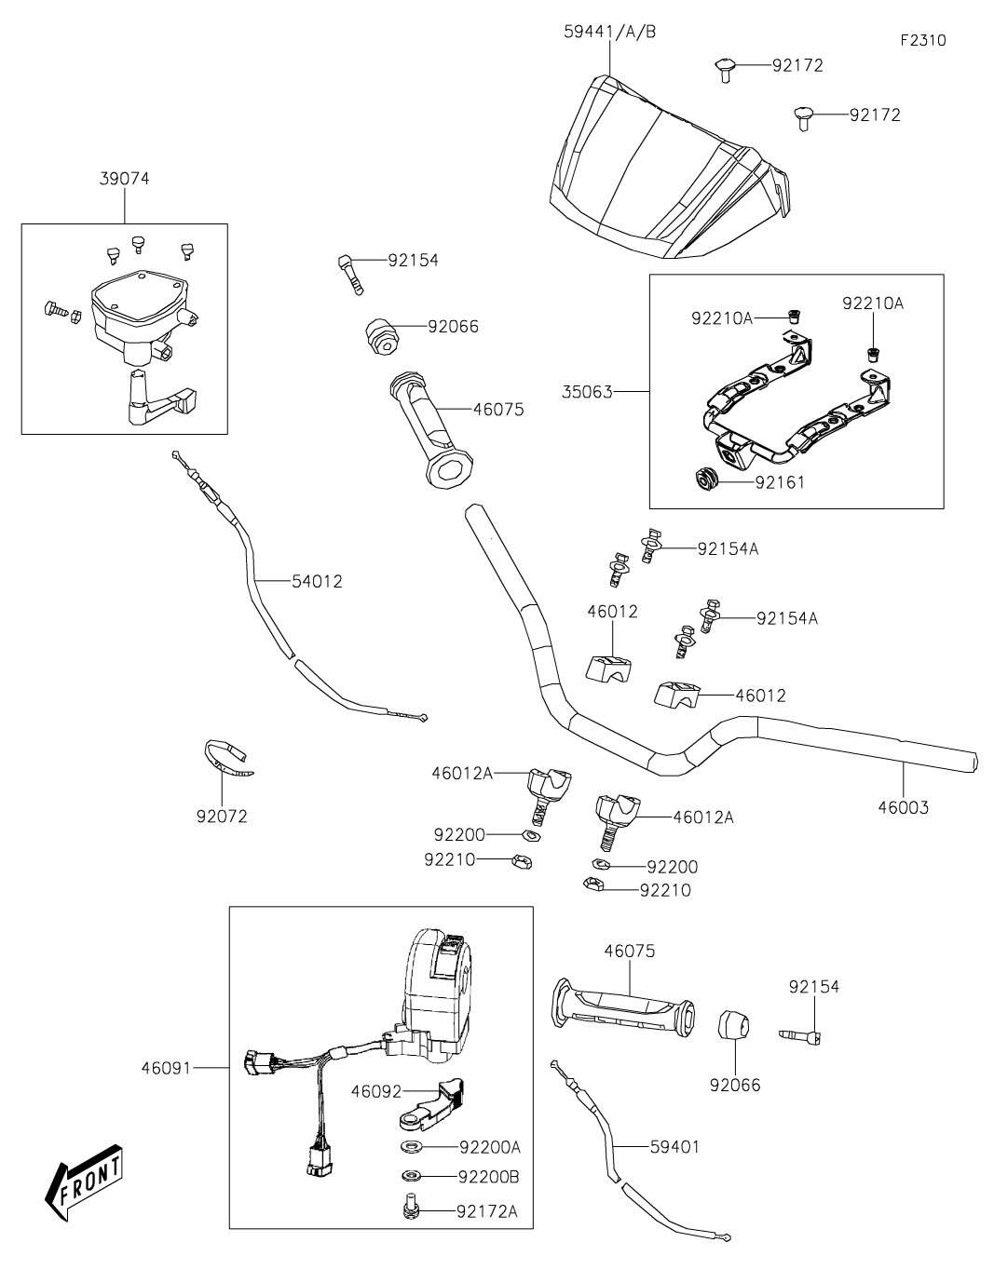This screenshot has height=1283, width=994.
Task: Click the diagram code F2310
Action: click(x=923, y=41)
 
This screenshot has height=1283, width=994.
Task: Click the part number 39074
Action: click(x=124, y=179)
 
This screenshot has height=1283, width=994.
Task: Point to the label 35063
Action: click(x=589, y=392)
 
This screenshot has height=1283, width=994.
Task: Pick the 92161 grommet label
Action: click(x=780, y=482)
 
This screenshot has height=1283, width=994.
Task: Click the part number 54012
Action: click(x=317, y=582)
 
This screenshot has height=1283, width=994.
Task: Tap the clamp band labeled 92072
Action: click(x=226, y=758)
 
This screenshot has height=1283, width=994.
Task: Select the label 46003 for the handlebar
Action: click(x=903, y=807)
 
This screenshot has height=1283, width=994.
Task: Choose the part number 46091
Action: click(x=166, y=1068)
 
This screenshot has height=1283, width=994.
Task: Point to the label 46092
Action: click(x=375, y=1089)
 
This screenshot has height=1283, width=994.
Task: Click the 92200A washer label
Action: click(x=489, y=1146)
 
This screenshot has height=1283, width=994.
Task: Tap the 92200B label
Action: click(x=488, y=1177)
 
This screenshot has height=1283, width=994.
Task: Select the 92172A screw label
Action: click(x=487, y=1210)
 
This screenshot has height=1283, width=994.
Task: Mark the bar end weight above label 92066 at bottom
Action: click(x=734, y=1027)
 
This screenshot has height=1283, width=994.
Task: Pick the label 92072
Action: click(x=222, y=817)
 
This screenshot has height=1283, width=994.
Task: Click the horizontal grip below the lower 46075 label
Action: click(x=623, y=1010)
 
